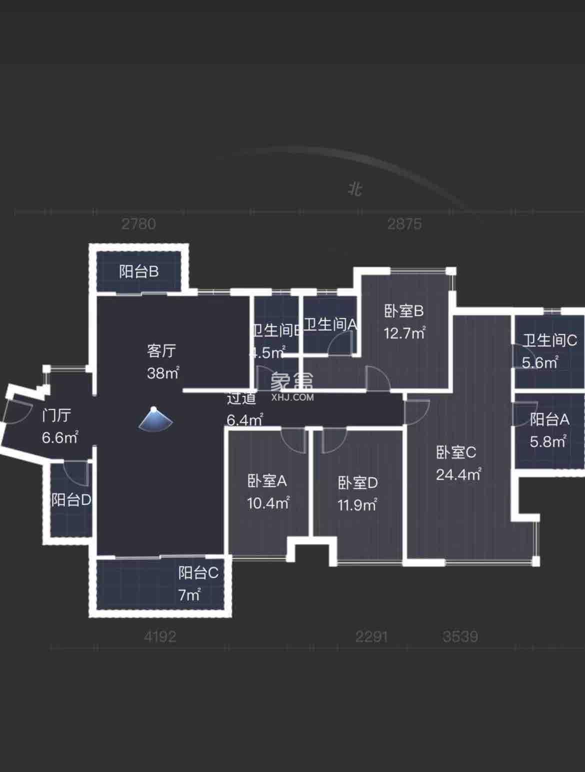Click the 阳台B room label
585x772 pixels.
pos(139,271)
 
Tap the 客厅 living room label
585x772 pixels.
pos(161,351)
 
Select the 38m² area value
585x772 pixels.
pos(163,373)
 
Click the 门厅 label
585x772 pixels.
pos(56,415)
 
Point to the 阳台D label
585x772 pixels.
pos(71,500)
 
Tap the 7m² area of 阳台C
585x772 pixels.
pos(189,595)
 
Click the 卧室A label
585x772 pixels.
pos(267,481)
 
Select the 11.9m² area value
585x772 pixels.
pos(357,505)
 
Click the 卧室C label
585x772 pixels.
pos(456,453)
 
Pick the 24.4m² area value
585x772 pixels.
pos(458,474)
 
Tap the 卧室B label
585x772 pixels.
pos(403,311)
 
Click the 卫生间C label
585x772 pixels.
pos(550,341)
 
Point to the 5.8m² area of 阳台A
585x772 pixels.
pos(548,441)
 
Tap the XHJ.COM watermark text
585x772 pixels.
pos(292,398)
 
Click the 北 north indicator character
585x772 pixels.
pos(355,189)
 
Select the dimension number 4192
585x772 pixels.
pos(160,637)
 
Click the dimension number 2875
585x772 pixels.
pos(404,224)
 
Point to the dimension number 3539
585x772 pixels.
pos(460,637)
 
